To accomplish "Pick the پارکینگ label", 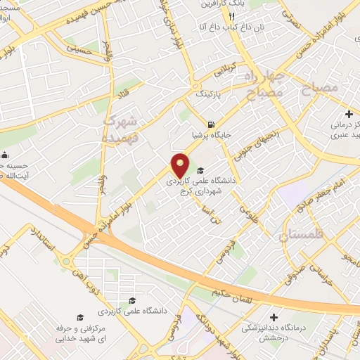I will tap(207, 92).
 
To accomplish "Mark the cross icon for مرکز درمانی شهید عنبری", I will tap(349, 114).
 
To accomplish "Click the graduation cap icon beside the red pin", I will tap(200, 170).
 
